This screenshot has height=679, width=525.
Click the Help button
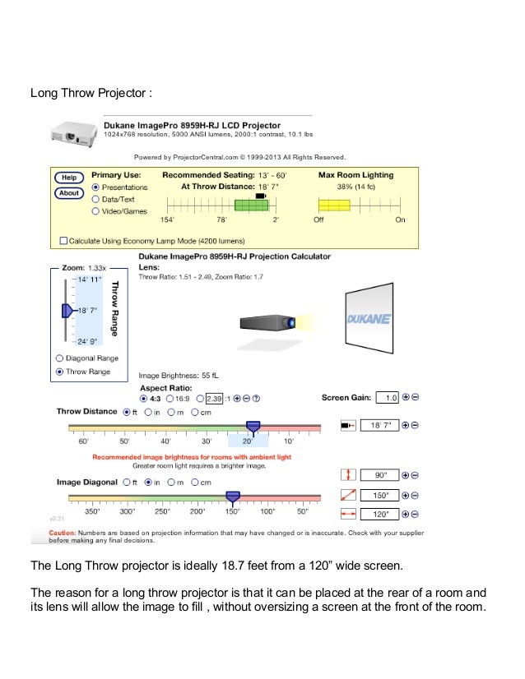[69, 178]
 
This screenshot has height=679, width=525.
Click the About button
[69, 193]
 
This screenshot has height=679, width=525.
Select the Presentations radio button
[95, 187]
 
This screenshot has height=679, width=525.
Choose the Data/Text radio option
[95, 199]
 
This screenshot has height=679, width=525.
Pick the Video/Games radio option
[95, 211]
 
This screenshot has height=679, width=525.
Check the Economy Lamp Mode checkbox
[63, 241]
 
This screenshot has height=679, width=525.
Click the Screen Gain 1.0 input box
[387, 398]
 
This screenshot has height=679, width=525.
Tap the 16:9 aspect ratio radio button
[170, 398]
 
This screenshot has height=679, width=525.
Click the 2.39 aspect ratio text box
[215, 398]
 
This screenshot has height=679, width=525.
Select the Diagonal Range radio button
[58, 358]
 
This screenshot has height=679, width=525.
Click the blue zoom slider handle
[67, 311]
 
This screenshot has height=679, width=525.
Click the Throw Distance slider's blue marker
[253, 426]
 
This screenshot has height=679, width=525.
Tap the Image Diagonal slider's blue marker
[233, 496]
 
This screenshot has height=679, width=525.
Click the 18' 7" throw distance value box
[380, 425]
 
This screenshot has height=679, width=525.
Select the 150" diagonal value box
[380, 495]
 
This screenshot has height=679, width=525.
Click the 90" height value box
[380, 475]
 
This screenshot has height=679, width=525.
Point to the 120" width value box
[380, 515]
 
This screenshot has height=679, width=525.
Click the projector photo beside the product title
[73, 132]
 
